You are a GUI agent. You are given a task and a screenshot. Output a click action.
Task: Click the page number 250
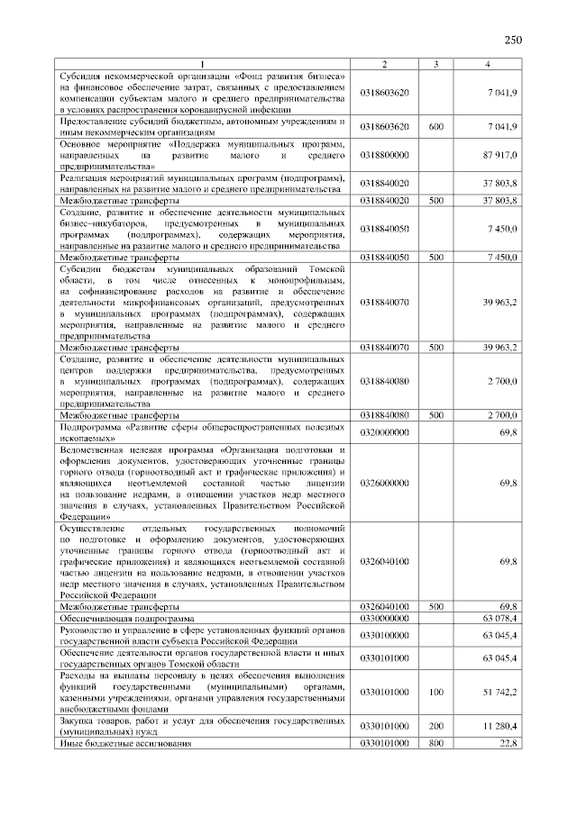[x=514, y=40]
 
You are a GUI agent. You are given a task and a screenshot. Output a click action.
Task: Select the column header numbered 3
[x=435, y=64]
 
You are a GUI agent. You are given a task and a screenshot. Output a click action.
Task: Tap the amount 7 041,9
[x=501, y=93]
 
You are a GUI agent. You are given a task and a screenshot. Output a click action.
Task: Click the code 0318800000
[x=384, y=155]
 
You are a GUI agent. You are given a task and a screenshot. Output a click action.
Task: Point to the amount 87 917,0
[x=499, y=155]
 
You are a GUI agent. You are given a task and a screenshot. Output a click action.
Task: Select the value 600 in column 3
[x=435, y=127]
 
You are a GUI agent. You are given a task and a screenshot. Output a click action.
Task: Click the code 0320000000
[x=384, y=431]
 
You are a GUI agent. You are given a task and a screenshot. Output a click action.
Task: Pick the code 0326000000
[x=384, y=483]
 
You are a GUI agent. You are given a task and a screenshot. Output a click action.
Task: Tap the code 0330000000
[x=384, y=619]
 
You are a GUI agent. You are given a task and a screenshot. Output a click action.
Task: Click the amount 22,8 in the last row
[x=508, y=743]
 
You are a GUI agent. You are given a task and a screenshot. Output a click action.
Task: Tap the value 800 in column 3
[x=435, y=743]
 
